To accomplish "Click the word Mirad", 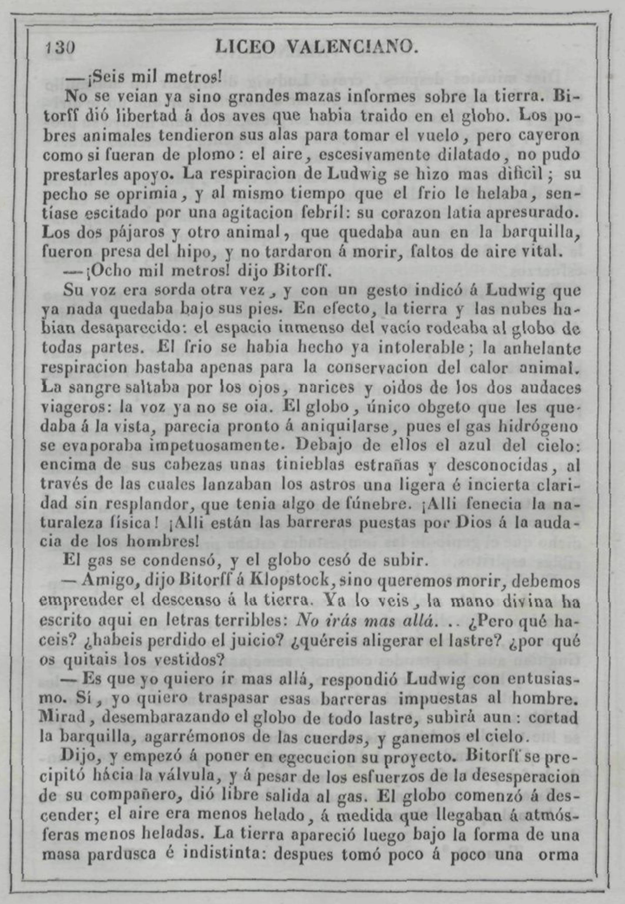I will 63,718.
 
